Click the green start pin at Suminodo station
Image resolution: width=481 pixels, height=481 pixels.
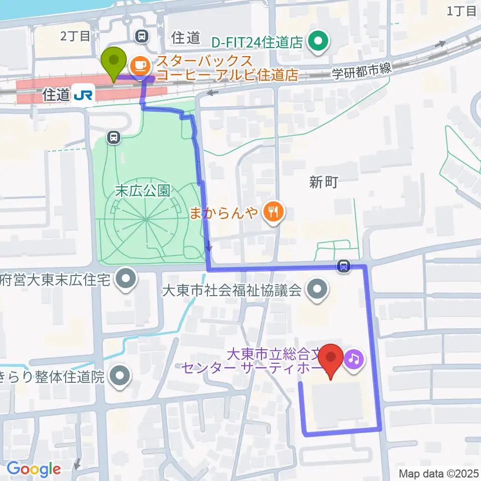114,62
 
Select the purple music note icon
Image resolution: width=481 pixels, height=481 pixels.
354,359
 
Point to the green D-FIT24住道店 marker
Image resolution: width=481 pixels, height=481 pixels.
318,42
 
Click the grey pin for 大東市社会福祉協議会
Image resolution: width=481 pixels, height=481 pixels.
317,290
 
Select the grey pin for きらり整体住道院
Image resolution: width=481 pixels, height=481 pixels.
119,376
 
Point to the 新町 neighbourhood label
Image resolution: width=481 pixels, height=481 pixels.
324,183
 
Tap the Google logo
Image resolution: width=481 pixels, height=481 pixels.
34,469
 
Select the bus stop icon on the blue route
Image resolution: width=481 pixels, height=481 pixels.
344,266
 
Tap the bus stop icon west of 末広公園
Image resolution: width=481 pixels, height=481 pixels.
114,136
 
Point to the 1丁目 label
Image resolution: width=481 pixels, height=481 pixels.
461,11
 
